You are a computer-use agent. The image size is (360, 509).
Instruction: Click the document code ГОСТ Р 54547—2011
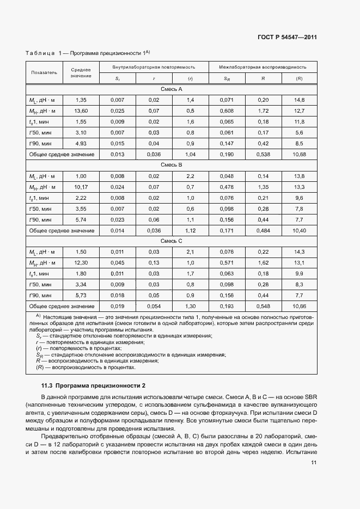(x=288, y=38)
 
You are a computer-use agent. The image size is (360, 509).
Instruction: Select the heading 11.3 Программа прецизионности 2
(x=90, y=385)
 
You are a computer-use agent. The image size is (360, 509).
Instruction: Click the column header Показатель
(x=44, y=72)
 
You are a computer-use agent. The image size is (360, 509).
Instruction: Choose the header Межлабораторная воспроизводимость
(x=263, y=66)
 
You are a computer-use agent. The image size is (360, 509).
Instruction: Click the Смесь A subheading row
(x=172, y=89)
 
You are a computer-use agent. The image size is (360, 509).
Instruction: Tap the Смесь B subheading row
(x=172, y=164)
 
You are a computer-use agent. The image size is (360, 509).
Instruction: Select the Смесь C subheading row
(x=172, y=240)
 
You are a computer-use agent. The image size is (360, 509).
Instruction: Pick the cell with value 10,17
(x=81, y=187)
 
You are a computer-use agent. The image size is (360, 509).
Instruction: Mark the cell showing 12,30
(x=81, y=262)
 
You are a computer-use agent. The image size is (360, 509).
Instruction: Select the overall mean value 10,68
(x=299, y=155)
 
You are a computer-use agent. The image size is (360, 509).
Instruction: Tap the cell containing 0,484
(x=263, y=230)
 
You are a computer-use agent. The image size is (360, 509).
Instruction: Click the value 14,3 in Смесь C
(x=299, y=252)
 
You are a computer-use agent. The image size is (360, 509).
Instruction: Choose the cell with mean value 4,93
(x=81, y=144)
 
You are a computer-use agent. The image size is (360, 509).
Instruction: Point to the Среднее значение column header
(x=81, y=72)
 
